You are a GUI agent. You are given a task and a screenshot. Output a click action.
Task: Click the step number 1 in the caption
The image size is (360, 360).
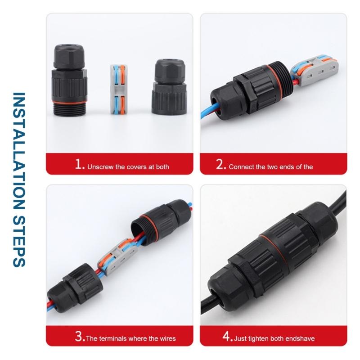pyautogui.click(x=80, y=165)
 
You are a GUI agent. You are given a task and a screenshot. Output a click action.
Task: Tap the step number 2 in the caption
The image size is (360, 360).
pyautogui.click(x=220, y=165)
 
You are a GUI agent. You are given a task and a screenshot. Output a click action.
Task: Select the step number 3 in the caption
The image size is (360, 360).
pyautogui.click(x=79, y=337)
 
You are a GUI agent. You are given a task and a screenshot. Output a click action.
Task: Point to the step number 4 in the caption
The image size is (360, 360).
pyautogui.click(x=227, y=337)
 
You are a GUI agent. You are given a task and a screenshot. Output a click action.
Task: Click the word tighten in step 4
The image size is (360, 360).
pyautogui.click(x=258, y=338)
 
